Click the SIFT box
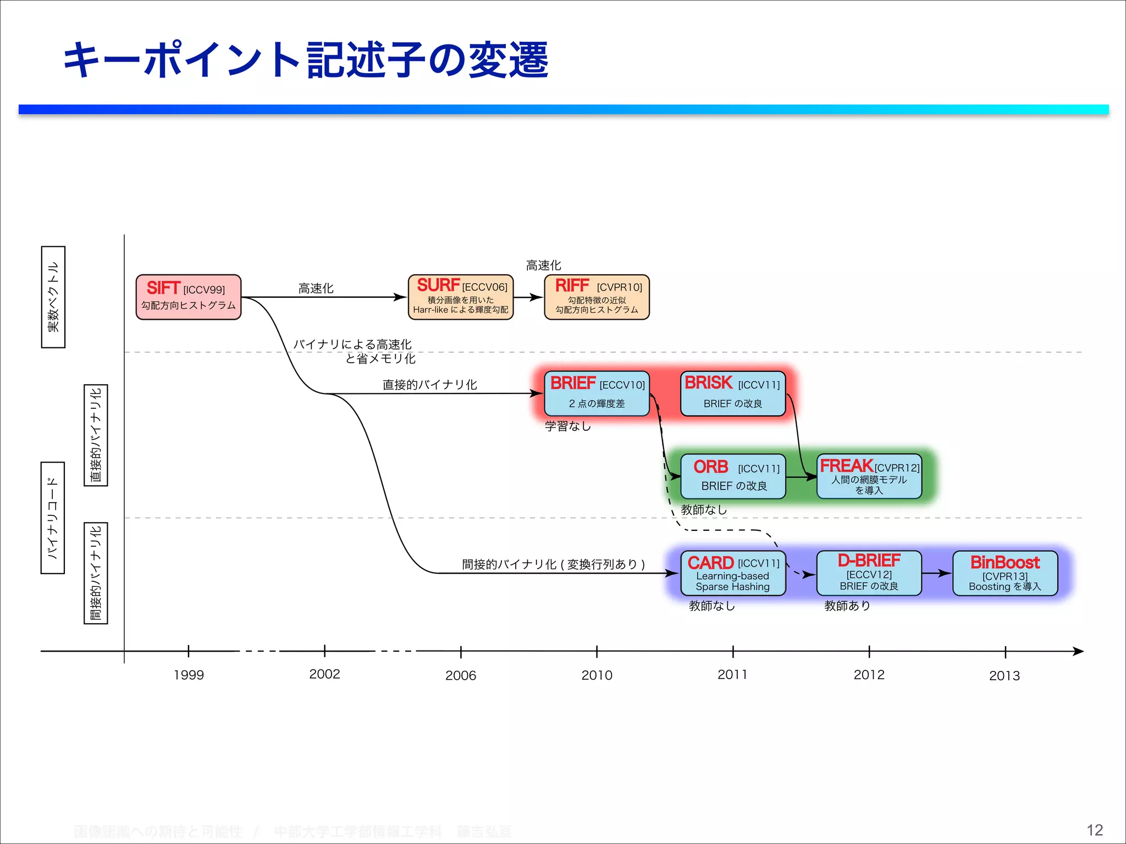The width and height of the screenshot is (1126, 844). tap(189, 297)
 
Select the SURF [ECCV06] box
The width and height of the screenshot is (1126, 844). tap(461, 297)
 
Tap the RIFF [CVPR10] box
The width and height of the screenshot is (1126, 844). tap(597, 297)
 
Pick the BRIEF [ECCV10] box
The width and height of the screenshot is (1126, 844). tap(597, 393)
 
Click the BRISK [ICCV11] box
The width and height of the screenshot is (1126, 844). tap(733, 393)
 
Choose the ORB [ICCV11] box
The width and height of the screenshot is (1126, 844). tap(733, 476)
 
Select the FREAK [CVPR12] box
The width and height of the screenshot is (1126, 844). tap(869, 476)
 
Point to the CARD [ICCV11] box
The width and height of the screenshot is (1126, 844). tap(733, 573)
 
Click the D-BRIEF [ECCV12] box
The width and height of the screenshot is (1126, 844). tap(869, 573)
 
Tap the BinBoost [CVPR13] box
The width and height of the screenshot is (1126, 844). tap(1005, 573)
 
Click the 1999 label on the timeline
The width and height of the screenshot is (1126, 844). tap(189, 675)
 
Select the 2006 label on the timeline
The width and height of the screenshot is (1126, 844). tap(461, 675)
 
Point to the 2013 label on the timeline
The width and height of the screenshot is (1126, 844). tap(1004, 675)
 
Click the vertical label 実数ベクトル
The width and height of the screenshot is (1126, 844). tap(53, 297)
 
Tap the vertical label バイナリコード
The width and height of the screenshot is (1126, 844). tap(53, 518)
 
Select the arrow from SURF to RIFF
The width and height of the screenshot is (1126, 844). tap(528, 297)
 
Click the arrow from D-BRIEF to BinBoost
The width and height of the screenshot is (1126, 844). tap(937, 573)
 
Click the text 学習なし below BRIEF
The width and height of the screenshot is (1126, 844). tap(568, 426)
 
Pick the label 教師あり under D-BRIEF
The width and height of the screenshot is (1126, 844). tap(847, 606)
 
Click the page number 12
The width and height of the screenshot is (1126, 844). tap(1095, 830)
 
